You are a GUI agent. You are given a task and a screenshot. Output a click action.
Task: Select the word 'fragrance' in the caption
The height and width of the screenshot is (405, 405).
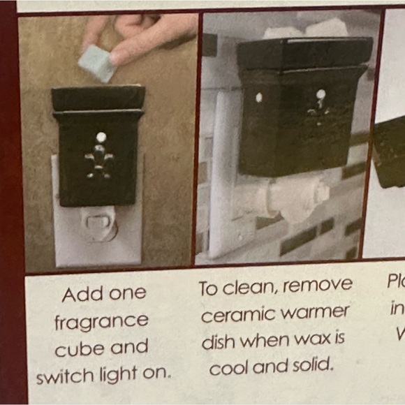(101, 322)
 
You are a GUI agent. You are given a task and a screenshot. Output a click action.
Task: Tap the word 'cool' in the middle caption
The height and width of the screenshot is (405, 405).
(231, 368)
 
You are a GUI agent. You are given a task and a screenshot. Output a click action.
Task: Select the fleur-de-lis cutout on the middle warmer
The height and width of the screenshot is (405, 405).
(318, 108)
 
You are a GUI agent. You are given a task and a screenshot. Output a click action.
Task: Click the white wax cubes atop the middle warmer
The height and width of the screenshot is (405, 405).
(307, 29)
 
